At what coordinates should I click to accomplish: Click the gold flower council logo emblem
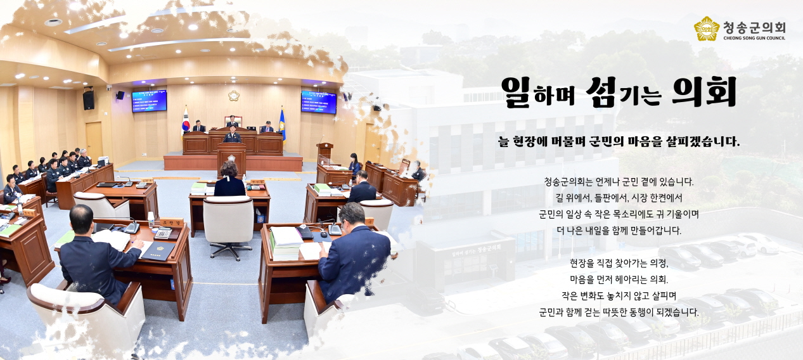click(707, 29)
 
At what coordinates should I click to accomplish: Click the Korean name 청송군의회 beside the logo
click(754, 27)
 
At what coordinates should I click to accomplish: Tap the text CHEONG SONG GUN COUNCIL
click(754, 38)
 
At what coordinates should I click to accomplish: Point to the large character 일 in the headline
click(515, 92)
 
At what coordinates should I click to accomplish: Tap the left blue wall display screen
click(149, 101)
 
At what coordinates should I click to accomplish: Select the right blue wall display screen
click(318, 102)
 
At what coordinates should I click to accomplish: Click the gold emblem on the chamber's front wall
click(234, 96)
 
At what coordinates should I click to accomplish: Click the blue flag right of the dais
click(282, 124)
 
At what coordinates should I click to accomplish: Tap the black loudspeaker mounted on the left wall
click(88, 99)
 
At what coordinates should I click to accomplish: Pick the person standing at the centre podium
click(232, 136)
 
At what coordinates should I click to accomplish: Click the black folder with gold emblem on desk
click(157, 251)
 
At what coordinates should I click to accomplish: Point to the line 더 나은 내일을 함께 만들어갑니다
click(619, 231)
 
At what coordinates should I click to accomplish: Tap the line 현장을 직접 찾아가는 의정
click(619, 262)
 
